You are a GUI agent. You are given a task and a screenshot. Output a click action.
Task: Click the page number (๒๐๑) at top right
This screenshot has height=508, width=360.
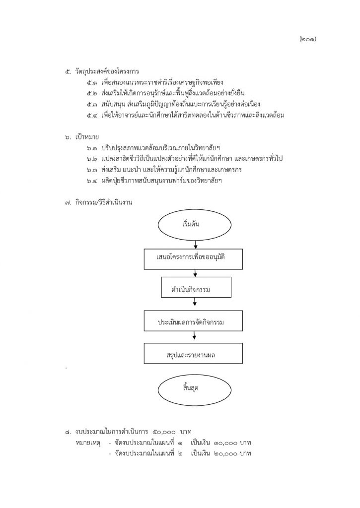[x=307, y=39]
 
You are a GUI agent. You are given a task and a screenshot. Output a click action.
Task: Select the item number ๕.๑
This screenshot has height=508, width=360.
[x=92, y=82]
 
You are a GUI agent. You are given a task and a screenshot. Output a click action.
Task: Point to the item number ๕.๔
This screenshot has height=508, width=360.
[x=92, y=115]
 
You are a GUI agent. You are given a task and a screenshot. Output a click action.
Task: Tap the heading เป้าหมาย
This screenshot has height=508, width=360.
[x=87, y=137]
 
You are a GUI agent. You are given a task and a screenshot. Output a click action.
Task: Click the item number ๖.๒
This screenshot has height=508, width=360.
[x=92, y=159]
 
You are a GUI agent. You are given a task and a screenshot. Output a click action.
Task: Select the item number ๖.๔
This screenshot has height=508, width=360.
[x=92, y=181]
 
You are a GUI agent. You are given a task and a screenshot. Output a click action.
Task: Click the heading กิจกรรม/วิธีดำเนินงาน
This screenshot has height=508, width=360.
[x=104, y=203]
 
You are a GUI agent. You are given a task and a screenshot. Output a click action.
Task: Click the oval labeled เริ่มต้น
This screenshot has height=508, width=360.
[x=195, y=224]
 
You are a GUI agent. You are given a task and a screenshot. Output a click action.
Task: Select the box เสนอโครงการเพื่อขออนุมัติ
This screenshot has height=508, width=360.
[x=193, y=259]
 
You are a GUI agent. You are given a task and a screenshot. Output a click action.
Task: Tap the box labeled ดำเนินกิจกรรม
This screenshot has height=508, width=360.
[x=196, y=287]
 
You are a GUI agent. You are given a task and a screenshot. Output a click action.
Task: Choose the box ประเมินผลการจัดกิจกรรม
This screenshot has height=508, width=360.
[x=193, y=321]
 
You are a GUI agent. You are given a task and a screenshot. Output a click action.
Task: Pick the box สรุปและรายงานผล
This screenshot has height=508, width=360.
[x=193, y=353]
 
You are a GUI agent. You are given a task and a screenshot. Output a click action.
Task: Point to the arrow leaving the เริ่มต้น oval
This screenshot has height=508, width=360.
[x=196, y=245]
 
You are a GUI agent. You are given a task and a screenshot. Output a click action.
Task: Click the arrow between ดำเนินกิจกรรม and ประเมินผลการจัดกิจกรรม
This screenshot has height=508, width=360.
[x=195, y=302]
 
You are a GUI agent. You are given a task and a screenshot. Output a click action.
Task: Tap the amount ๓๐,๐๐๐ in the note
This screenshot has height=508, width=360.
[x=226, y=443]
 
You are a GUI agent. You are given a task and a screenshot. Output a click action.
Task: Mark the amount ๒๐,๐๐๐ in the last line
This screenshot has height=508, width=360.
[x=226, y=454]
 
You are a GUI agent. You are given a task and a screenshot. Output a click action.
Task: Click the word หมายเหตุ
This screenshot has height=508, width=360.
[x=88, y=443]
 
